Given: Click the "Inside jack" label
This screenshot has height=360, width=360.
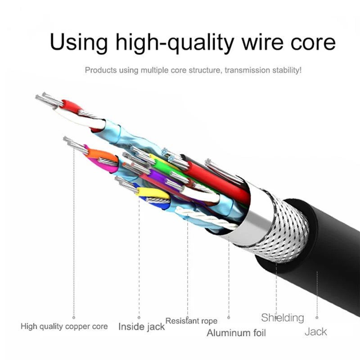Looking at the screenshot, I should pos(141,326).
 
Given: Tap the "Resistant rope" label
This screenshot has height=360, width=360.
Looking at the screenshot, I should pos(191,321).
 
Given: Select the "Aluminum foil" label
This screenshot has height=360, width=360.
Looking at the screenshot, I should pos(236,333).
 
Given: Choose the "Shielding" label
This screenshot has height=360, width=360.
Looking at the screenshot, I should pos(283,318).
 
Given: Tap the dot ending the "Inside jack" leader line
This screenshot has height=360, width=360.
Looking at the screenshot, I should pos(139,317).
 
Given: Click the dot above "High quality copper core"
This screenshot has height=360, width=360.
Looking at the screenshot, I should pos(73,317).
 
